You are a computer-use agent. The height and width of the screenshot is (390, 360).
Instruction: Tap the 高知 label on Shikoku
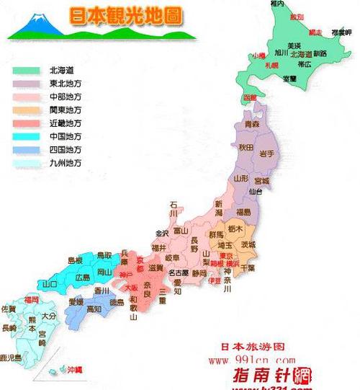[x=94, y=309]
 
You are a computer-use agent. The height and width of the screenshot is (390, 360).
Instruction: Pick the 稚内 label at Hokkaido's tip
[x=277, y=4]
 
